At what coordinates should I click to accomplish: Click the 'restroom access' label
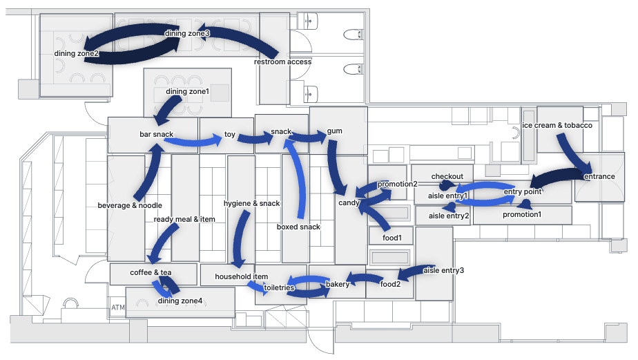pos(282,61)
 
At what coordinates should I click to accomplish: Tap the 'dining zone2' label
pos(77,53)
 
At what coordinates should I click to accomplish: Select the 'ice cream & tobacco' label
pos(557,125)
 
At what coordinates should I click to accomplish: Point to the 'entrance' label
pos(599,176)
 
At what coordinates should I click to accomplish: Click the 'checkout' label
pos(447,176)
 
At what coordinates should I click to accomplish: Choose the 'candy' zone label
pos(349,203)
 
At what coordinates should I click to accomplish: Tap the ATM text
pos(117,306)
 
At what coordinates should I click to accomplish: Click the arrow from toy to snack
pos(253,139)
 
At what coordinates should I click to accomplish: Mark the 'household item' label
pos(241,276)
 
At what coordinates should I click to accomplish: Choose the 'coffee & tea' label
pos(151,272)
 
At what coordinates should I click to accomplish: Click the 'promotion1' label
pos(522,214)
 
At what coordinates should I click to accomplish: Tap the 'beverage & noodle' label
pos(130,205)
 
